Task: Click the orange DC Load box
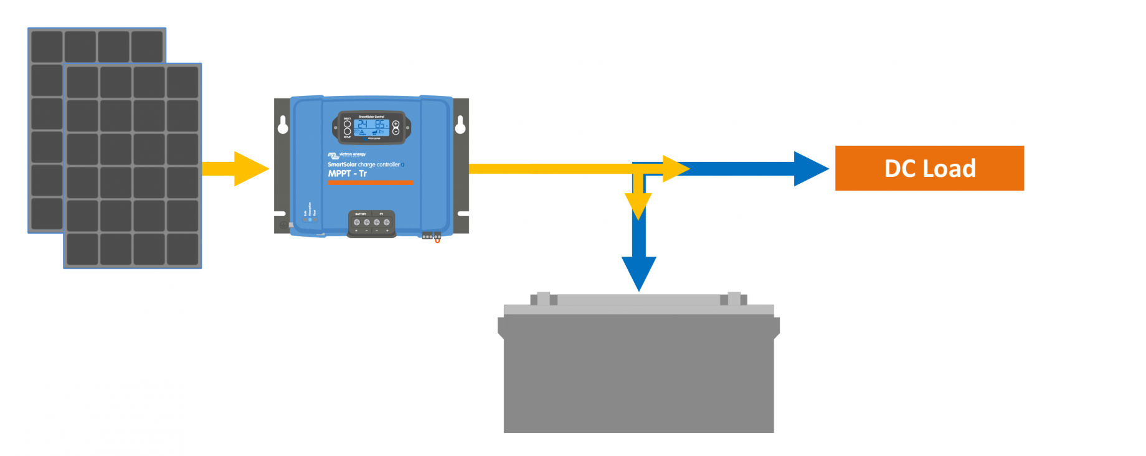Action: [929, 168]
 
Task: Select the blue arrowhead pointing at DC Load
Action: [810, 169]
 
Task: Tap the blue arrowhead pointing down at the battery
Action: [638, 272]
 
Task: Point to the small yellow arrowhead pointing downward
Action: [638, 204]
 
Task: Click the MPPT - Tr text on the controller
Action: [347, 174]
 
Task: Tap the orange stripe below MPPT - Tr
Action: [370, 183]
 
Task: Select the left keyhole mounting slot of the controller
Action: [283, 125]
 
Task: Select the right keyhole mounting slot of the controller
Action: [460, 125]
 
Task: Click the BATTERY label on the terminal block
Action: [361, 214]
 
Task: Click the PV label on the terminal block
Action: [382, 214]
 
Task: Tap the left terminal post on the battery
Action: [543, 299]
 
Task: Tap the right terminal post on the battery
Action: [734, 299]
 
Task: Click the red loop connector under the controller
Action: [437, 240]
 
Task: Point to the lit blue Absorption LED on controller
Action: [310, 220]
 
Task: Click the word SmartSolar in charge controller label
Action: [342, 164]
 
